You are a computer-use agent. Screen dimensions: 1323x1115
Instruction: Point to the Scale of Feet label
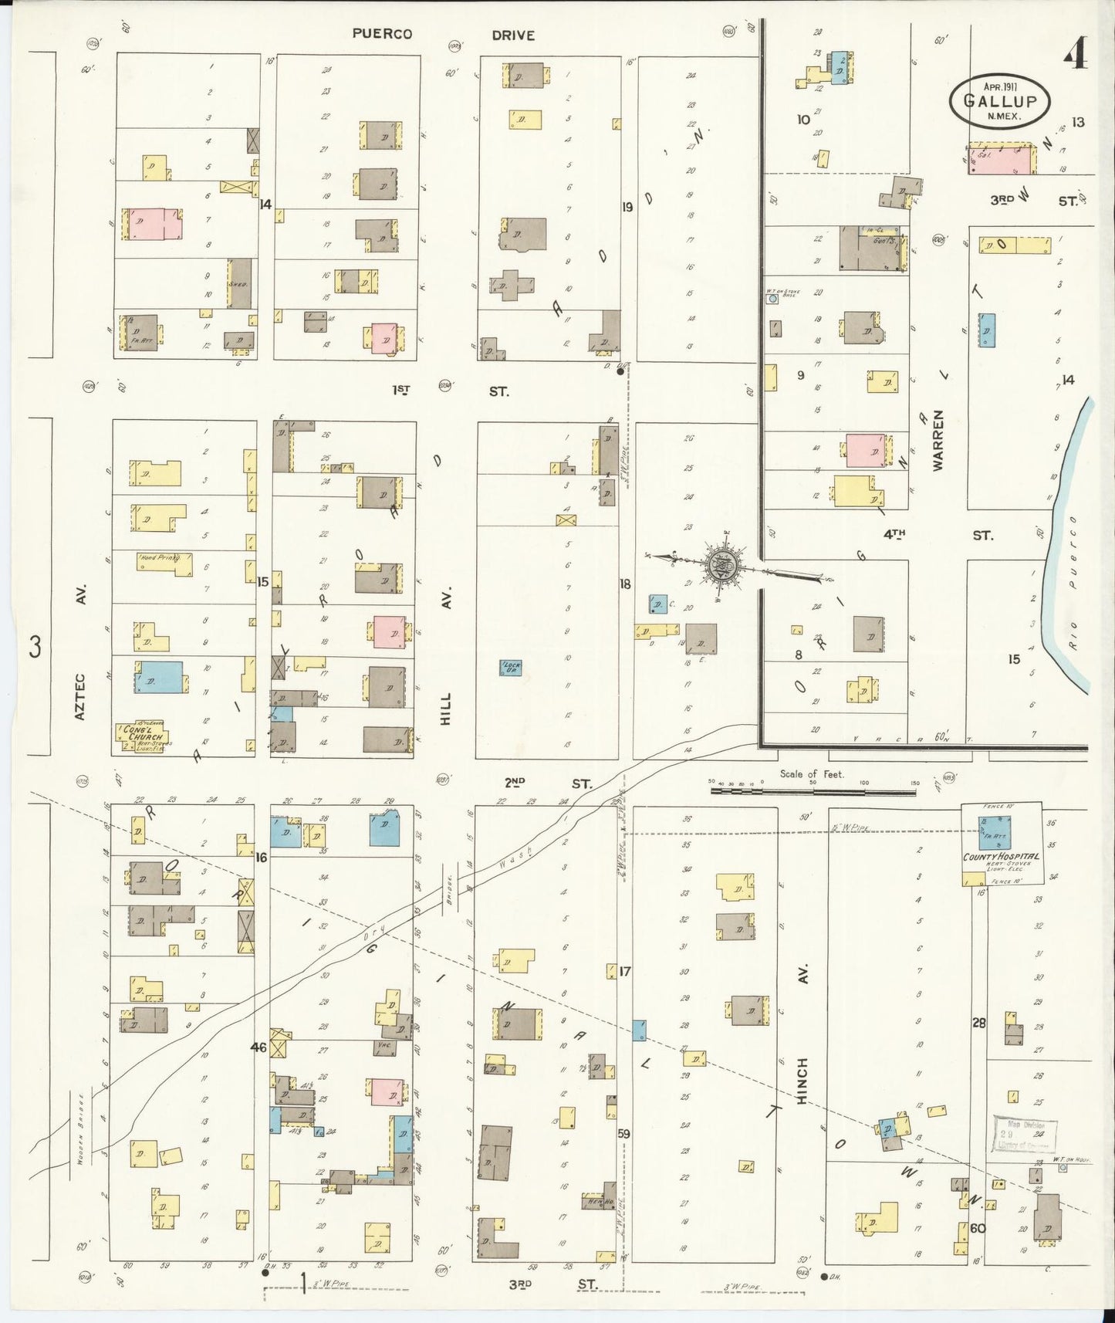(812, 773)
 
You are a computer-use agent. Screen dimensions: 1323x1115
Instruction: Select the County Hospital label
(1001, 857)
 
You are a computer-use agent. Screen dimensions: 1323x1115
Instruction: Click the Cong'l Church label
(144, 733)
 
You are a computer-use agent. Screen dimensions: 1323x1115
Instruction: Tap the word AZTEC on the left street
(79, 696)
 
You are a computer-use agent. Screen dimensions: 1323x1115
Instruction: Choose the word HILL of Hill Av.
(447, 707)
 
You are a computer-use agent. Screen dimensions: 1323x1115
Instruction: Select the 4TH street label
(894, 533)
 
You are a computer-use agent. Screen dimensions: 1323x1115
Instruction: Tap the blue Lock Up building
(510, 666)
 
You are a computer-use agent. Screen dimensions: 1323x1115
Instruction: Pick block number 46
(258, 1047)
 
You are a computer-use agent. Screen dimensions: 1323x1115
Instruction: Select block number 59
(623, 1134)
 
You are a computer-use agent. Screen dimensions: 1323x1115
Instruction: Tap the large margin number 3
(35, 646)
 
